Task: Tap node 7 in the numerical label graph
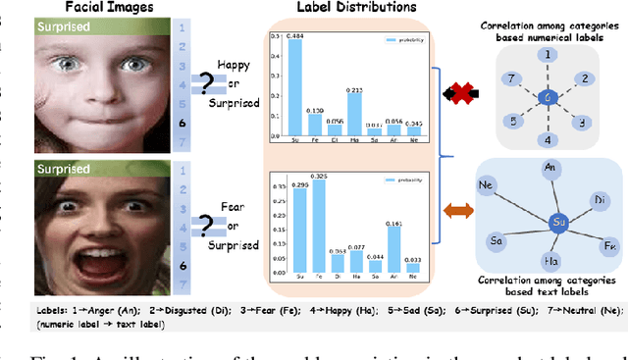507,77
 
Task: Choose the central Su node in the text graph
554,224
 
